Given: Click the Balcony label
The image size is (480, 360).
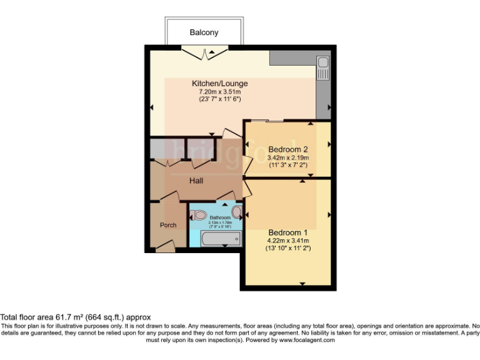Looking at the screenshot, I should click(x=204, y=32).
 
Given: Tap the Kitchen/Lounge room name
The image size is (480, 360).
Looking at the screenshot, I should click(x=219, y=83).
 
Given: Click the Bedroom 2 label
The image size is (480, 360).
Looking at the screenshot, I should click(x=288, y=149).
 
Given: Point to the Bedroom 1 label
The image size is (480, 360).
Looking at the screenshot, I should click(x=288, y=232).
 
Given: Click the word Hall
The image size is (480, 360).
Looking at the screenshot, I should click(x=197, y=181).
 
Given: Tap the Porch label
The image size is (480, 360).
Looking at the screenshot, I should click(x=168, y=225).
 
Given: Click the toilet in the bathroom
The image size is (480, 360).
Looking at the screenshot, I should click(x=198, y=216).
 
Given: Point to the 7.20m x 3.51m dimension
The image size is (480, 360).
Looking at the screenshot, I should click(x=219, y=91).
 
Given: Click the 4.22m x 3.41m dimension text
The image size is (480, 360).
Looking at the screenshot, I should click(x=288, y=240).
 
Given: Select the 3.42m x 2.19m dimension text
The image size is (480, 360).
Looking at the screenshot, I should click(x=288, y=157).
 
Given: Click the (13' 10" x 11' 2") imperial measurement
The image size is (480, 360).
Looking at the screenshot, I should click(x=288, y=248).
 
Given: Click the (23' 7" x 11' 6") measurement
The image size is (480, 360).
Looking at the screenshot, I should click(x=219, y=99).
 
